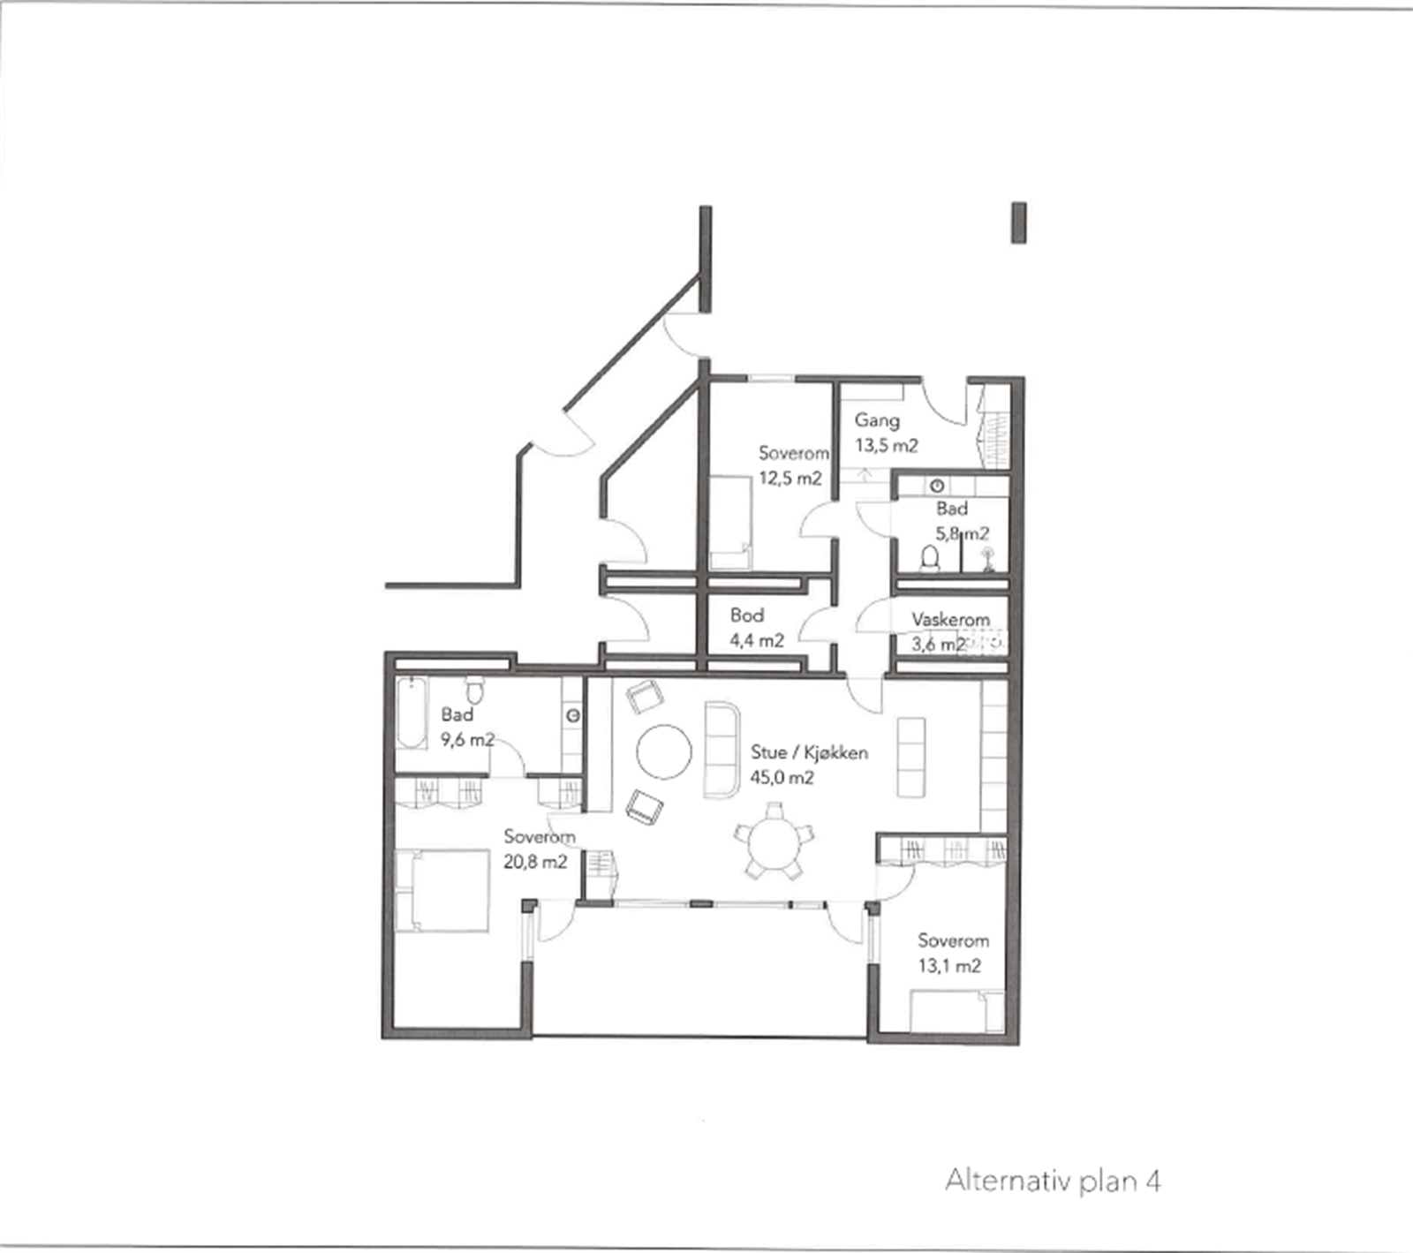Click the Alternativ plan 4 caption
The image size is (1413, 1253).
click(1053, 1181)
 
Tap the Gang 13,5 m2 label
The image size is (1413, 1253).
click(885, 433)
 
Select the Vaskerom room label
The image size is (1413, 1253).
click(950, 620)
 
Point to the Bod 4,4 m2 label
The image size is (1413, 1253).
click(756, 628)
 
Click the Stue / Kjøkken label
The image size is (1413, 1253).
click(809, 752)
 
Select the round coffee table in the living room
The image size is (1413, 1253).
click(664, 751)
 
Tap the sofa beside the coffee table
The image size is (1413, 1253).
click(721, 751)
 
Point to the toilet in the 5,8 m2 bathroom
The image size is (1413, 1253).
click(929, 559)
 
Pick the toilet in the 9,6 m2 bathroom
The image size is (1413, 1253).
click(475, 689)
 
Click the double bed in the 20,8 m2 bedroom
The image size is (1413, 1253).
click(442, 890)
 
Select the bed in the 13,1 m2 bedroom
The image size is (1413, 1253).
click(956, 1010)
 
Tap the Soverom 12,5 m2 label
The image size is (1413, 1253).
click(792, 465)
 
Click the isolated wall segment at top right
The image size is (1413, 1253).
click(1018, 223)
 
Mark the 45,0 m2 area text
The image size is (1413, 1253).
click(782, 778)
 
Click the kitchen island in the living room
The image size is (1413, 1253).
click(911, 758)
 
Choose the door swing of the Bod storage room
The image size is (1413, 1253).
click(816, 624)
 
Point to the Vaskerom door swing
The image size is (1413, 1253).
click(873, 615)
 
